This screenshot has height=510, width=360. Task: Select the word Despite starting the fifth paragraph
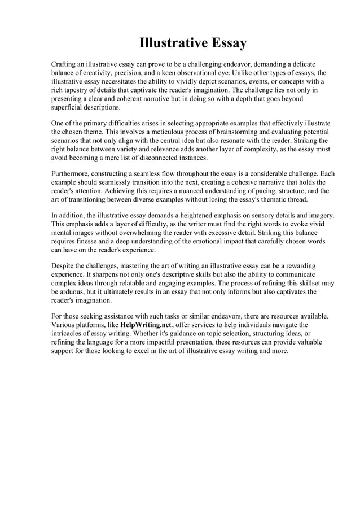pyautogui.click(x=64, y=265)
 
